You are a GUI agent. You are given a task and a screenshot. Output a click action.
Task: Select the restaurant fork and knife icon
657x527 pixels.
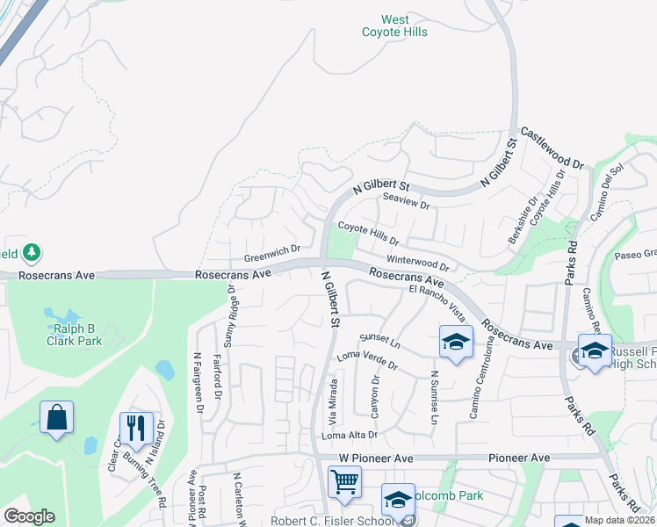tap(135, 429)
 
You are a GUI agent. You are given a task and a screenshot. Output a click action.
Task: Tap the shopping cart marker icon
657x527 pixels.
tap(344, 481)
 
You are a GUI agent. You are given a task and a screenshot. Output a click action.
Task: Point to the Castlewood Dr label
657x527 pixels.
tap(552, 147)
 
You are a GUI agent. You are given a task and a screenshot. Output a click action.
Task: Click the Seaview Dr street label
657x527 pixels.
tap(405, 201)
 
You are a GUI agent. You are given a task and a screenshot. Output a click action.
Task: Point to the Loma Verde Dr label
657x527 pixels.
tap(368, 361)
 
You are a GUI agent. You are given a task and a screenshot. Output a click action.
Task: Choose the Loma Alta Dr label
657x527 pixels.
tap(349, 435)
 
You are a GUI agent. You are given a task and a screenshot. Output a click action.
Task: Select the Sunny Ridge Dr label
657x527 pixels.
tap(232, 314)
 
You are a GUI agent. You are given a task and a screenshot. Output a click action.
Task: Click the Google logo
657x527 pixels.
tap(29, 516)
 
